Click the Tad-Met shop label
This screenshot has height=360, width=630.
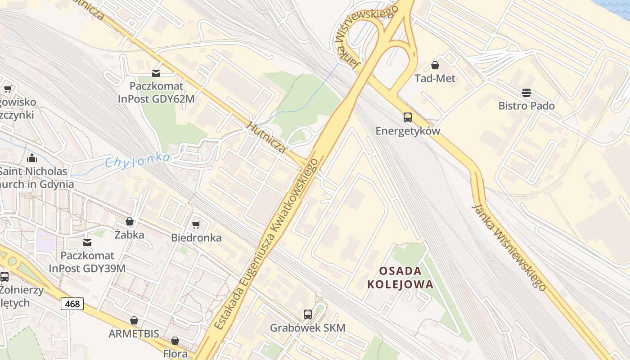click(435, 78)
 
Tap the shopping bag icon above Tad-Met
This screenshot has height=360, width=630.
click(435, 65)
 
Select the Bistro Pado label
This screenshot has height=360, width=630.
click(526, 106)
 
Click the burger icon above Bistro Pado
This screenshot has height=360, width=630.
click(526, 93)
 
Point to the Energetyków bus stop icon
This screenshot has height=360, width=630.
click(407, 117)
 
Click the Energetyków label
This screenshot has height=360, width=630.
click(407, 131)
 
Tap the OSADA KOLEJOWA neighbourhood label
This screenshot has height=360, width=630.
click(400, 278)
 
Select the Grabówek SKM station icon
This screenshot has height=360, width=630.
click(308, 315)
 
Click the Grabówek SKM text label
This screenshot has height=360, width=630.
click(308, 328)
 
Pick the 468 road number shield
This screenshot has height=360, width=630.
click(72, 304)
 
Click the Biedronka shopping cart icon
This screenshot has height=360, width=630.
click(196, 225)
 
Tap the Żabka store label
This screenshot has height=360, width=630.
click(130, 234)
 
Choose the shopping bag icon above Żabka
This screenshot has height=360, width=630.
click(130, 221)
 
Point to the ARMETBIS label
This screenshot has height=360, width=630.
click(134, 333)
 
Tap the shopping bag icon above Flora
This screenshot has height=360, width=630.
click(175, 341)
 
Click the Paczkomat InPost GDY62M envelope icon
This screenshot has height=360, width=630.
click(156, 73)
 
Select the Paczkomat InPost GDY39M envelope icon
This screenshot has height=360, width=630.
click(87, 243)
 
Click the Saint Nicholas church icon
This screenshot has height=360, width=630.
click(32, 158)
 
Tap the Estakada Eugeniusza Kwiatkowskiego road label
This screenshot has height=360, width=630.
click(265, 245)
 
